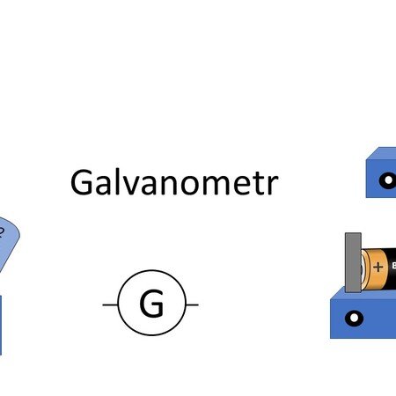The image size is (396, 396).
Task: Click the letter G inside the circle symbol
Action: coord(151,303)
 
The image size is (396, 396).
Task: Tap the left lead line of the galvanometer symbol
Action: coord(110,304)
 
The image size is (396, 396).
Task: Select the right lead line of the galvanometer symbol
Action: coord(192,304)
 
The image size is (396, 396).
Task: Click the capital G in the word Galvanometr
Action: coord(82,182)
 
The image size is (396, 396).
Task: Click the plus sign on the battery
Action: coord(378,267)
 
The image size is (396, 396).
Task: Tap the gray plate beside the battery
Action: coord(353,262)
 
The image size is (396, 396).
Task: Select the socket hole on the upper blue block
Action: coord(388,180)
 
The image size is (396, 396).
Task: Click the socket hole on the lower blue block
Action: coord(354,319)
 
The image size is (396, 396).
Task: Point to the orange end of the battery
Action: coord(375,268)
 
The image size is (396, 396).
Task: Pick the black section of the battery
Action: coord(392,267)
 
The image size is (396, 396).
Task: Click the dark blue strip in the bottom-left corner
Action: coord(1,325)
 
